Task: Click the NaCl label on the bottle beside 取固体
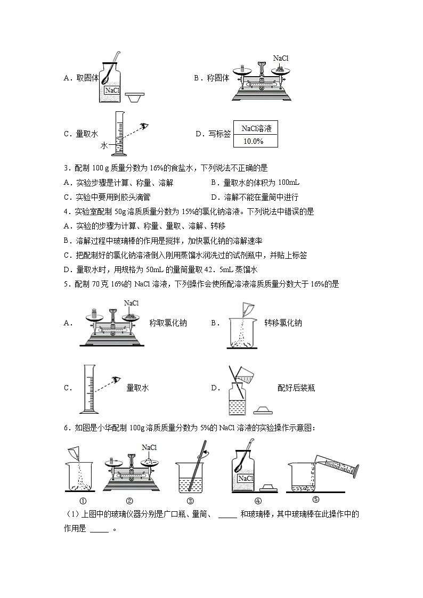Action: tap(112, 91)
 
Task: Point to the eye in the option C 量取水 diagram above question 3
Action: tap(144, 126)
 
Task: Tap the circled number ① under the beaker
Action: tap(83, 500)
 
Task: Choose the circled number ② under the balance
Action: tap(129, 500)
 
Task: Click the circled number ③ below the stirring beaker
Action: tap(191, 500)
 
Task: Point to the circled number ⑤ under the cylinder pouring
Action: tap(315, 499)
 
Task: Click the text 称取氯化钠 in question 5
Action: tap(168, 323)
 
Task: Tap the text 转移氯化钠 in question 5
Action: tap(283, 323)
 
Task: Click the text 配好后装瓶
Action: tap(296, 388)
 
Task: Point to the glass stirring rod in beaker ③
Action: tap(199, 466)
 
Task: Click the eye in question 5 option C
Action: tap(113, 380)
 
